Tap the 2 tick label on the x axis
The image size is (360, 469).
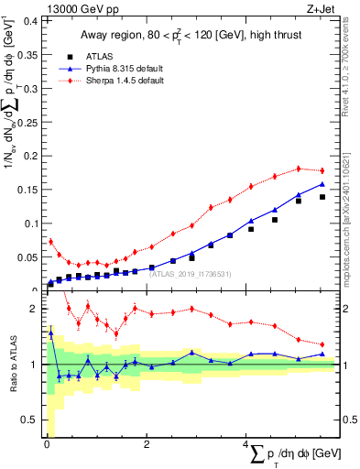[147, 443]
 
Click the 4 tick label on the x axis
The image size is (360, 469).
[246, 443]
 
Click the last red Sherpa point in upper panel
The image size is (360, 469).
[322, 170]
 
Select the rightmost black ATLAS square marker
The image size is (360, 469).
[322, 196]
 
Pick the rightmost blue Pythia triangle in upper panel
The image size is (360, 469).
[322, 183]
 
